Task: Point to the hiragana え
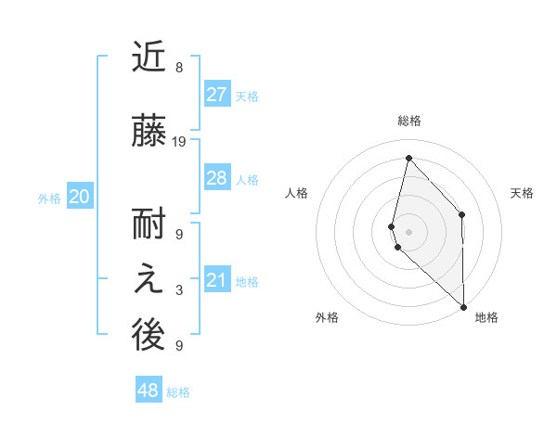click(149, 282)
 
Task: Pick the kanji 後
click(149, 337)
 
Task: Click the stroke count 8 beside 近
click(179, 68)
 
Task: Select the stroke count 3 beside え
click(179, 290)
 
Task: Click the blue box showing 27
click(216, 94)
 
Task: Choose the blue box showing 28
click(216, 178)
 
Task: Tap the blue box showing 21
click(216, 280)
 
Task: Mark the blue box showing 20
click(80, 197)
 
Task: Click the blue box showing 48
click(149, 391)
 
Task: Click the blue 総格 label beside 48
click(178, 392)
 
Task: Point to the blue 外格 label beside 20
click(49, 198)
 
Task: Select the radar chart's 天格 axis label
click(522, 193)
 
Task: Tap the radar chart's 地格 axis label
click(486, 317)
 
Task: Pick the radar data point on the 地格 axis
click(463, 306)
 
